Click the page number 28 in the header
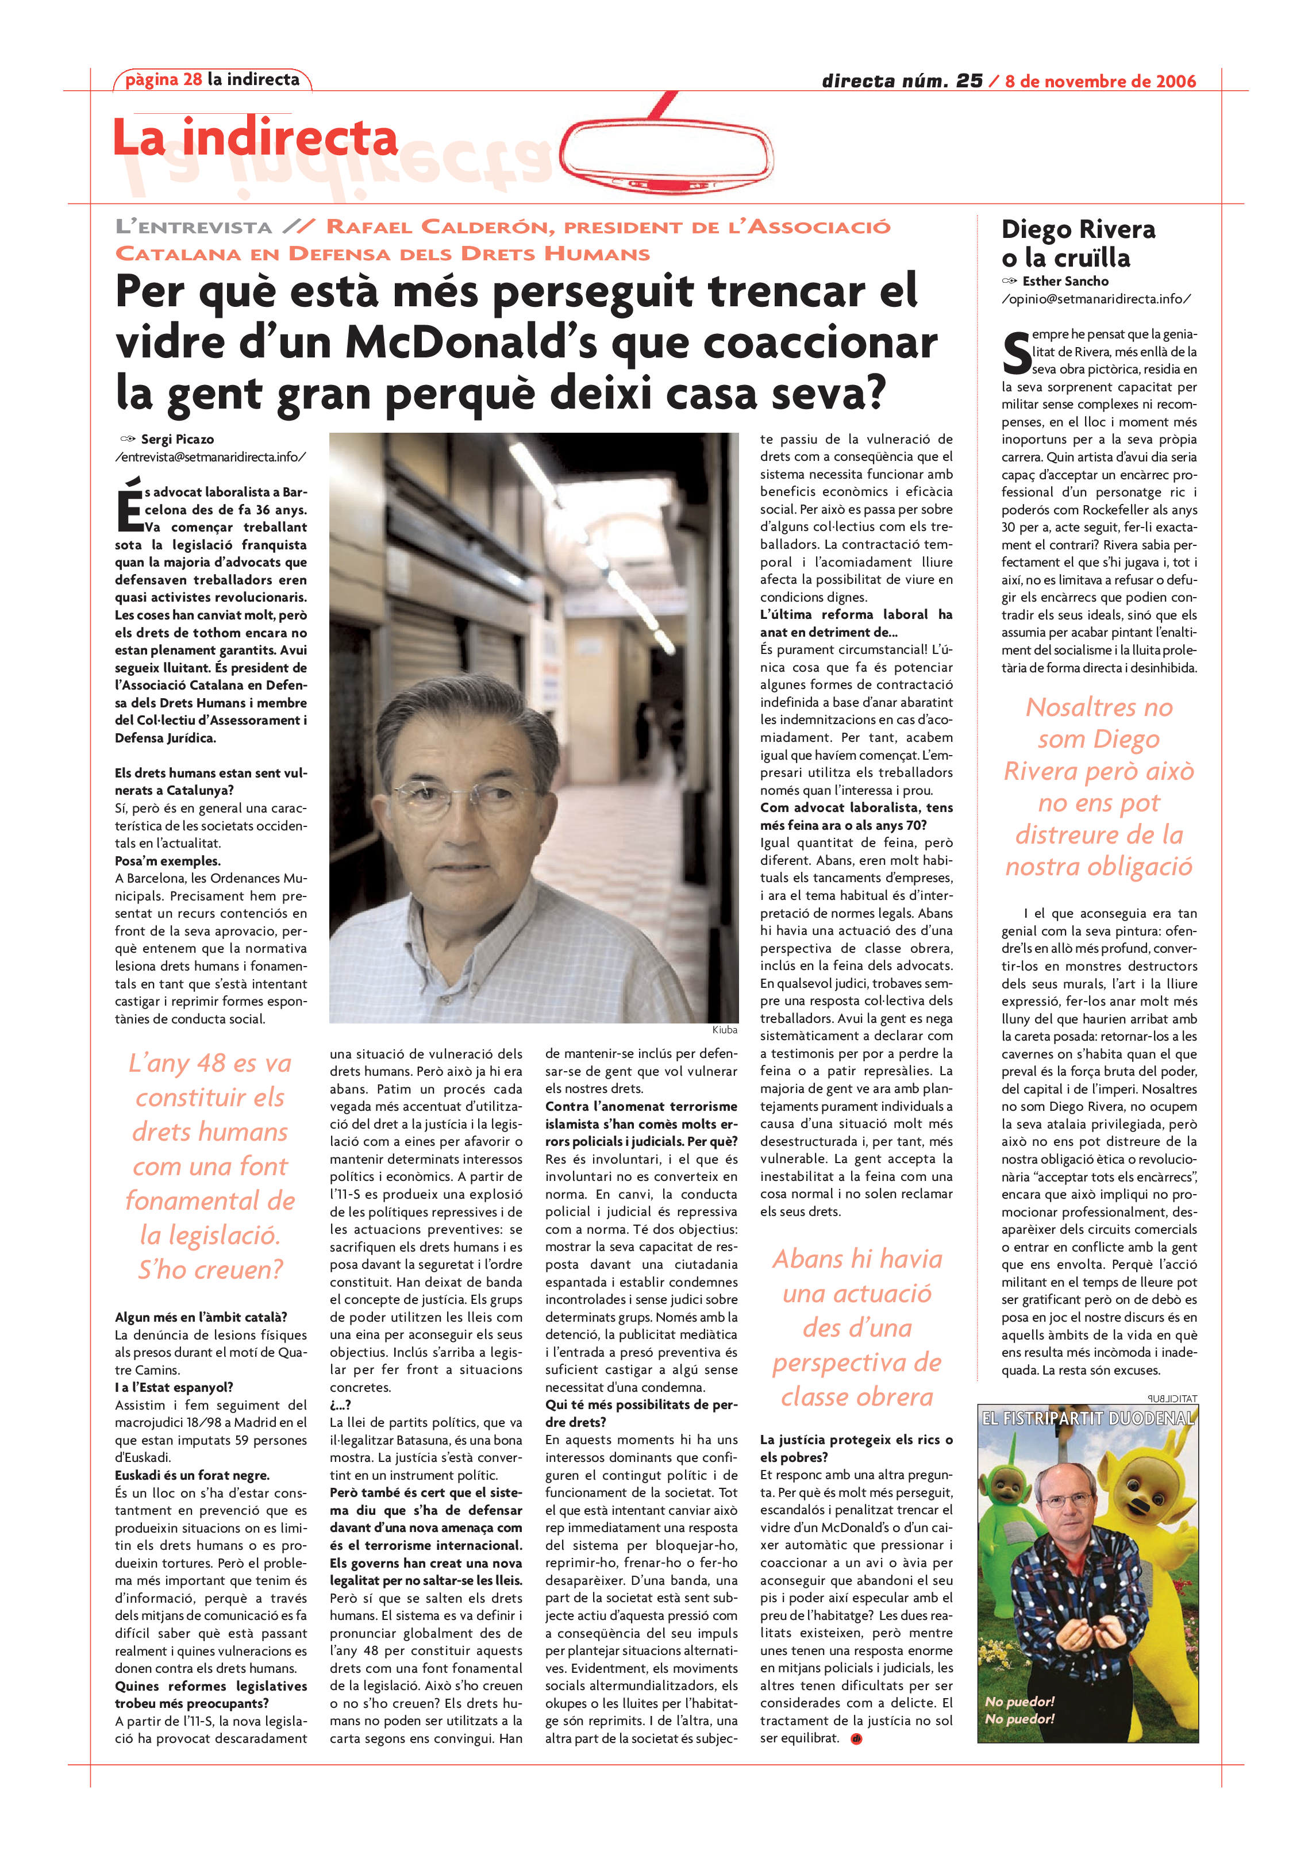tap(193, 79)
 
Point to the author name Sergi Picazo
tap(177, 440)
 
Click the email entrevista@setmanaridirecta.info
tap(210, 457)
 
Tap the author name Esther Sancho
tap(1065, 281)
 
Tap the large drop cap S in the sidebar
tap(1016, 353)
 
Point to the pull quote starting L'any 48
tap(210, 1166)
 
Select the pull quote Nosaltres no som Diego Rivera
tap(1099, 786)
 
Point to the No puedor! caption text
tap(1019, 1710)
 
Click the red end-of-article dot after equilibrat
tap(856, 1739)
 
